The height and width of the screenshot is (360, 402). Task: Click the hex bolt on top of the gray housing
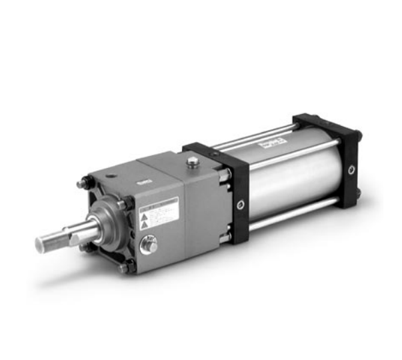click(x=193, y=161)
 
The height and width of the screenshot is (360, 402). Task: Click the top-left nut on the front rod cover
click(x=82, y=183)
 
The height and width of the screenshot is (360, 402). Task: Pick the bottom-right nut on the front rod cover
click(x=125, y=267)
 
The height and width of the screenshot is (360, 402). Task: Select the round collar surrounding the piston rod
click(x=107, y=224)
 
